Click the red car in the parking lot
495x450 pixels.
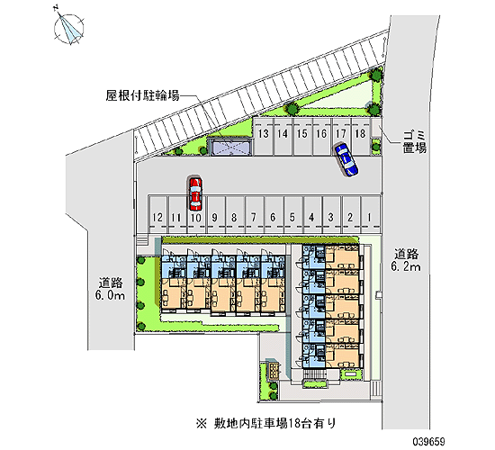click(x=195, y=193)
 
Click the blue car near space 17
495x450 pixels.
click(x=346, y=159)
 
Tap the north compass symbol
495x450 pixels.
click(x=68, y=28)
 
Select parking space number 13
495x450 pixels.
click(x=264, y=137)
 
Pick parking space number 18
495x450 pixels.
click(x=361, y=137)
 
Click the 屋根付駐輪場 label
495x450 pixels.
click(x=143, y=95)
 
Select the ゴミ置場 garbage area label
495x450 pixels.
click(x=415, y=142)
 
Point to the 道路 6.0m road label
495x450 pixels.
click(x=110, y=289)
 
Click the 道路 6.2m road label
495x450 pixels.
click(x=406, y=260)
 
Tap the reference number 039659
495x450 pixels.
click(x=428, y=441)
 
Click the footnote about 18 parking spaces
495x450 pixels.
click(x=266, y=422)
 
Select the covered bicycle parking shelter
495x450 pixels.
click(x=229, y=148)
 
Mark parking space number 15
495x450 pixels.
click(x=302, y=137)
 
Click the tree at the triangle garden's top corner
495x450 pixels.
click(x=375, y=76)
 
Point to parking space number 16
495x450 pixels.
click(x=321, y=137)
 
